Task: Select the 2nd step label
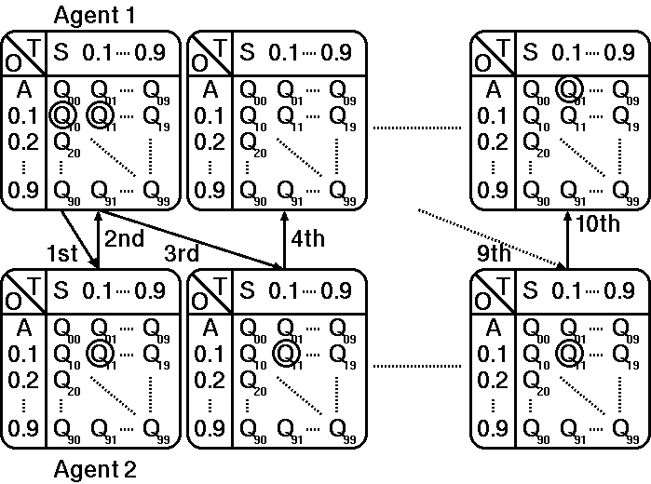124,238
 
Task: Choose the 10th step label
597,226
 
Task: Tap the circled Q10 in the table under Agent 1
62,115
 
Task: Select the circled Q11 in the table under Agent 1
101,115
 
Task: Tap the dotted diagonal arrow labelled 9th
484,237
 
